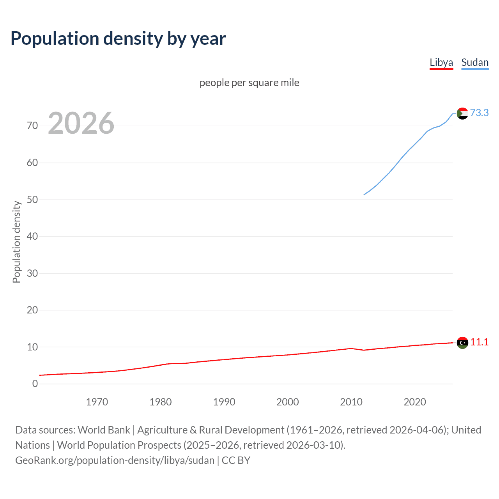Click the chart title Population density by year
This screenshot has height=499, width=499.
[118, 39]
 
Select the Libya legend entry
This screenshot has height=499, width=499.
[441, 62]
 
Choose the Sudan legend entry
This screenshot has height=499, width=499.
[475, 62]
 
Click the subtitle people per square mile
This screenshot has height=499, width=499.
[249, 83]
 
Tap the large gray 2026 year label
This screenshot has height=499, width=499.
[81, 123]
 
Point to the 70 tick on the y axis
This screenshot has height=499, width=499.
[32, 126]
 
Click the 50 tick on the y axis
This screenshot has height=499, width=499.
[32, 200]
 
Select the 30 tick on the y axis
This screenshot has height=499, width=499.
[32, 273]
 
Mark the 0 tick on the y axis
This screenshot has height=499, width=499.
[35, 384]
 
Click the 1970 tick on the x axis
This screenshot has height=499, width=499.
[97, 402]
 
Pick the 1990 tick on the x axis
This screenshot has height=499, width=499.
[224, 402]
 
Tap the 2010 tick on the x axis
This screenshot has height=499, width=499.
[351, 402]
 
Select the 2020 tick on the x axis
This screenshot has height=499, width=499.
[415, 402]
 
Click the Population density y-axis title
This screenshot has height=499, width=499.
[16, 242]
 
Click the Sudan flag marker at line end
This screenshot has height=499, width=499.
[462, 113]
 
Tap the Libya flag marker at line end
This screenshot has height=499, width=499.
[462, 343]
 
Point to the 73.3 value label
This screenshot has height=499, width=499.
[479, 113]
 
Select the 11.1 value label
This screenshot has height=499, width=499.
[479, 342]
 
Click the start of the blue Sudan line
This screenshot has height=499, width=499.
[364, 195]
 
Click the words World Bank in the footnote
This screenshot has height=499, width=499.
[104, 430]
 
